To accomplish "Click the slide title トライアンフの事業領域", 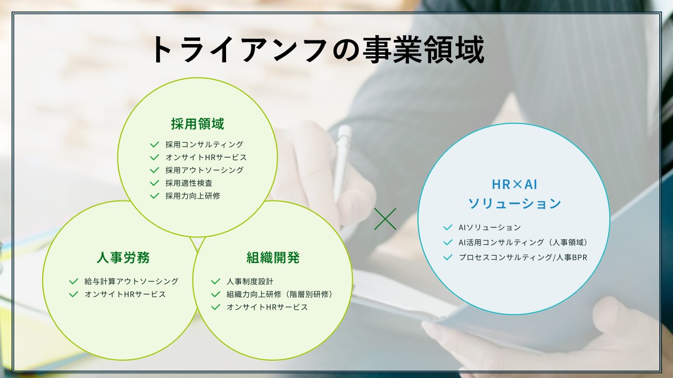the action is coord(318,49).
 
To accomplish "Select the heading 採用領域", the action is coord(198,123).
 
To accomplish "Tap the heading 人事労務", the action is coord(123,257).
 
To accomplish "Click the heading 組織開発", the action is coord(273,257).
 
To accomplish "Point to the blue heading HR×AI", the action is coord(515,184).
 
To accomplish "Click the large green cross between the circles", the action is coord(385,219).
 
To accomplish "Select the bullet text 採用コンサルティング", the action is coord(205,144).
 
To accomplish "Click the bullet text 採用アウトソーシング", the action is coord(205,170).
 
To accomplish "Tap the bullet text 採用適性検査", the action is coord(189,183).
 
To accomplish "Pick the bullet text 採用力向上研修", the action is coord(192,196).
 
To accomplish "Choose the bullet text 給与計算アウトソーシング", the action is coord(131,281).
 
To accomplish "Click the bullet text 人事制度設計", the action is coord(250,281).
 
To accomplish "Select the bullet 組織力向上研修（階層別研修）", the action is coord(279,295).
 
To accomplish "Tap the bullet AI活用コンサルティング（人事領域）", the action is coord(523,243).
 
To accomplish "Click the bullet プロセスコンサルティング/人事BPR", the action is coord(523,257).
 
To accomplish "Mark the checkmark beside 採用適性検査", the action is coord(155,183).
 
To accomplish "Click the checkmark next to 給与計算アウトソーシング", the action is coord(74,281).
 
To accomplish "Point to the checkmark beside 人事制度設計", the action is coord(216,281).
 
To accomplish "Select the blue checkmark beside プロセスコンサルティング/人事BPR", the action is coord(447,257).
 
